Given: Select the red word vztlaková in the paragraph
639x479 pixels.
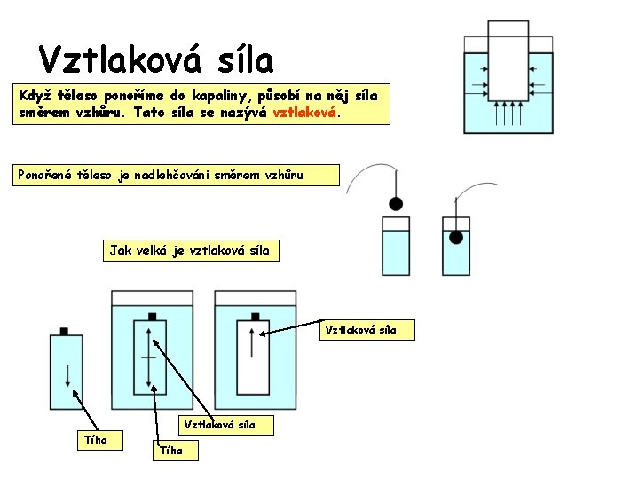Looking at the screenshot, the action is pyautogui.click(x=304, y=114).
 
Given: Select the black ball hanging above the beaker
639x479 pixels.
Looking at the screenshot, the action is pyautogui.click(x=396, y=203).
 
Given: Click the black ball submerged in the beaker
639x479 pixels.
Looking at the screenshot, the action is pyautogui.click(x=456, y=237).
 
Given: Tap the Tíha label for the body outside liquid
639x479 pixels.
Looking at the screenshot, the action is pyautogui.click(x=94, y=438).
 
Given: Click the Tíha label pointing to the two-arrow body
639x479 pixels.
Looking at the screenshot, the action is pyautogui.click(x=172, y=451).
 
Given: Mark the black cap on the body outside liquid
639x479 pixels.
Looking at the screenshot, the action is pyautogui.click(x=64, y=331).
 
